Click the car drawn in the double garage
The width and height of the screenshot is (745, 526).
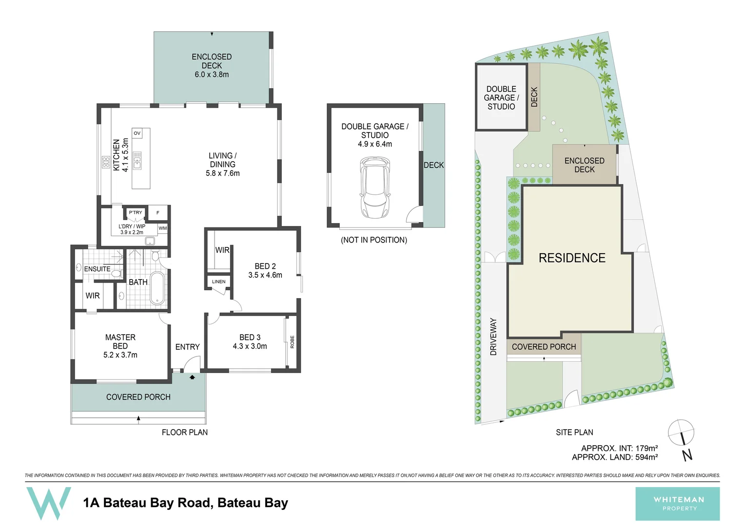coord(374,188)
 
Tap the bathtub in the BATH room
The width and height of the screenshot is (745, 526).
coord(157,288)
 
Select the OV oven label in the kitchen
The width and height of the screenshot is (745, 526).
coord(137,133)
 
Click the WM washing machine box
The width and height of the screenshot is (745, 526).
coord(162,228)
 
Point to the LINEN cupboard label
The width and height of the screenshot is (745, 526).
coord(218,282)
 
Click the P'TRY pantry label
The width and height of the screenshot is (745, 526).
coord(136,212)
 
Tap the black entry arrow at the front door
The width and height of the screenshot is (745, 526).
coord(192,377)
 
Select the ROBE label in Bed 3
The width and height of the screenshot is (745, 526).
coord(292,341)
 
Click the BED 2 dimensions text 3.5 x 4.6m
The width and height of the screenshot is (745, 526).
coord(265,275)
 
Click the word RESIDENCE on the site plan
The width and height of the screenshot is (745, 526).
coord(572,258)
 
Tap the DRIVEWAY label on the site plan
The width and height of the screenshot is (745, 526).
coord(493,337)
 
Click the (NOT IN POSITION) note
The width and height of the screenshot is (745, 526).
coord(373,240)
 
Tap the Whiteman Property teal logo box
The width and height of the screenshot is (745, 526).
coord(677,504)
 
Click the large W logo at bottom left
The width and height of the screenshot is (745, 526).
coord(48,503)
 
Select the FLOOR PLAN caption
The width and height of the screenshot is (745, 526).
coord(184,432)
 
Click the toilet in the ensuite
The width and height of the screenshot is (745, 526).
coord(116,273)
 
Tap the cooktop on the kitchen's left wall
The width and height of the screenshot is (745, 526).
coord(106,162)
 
